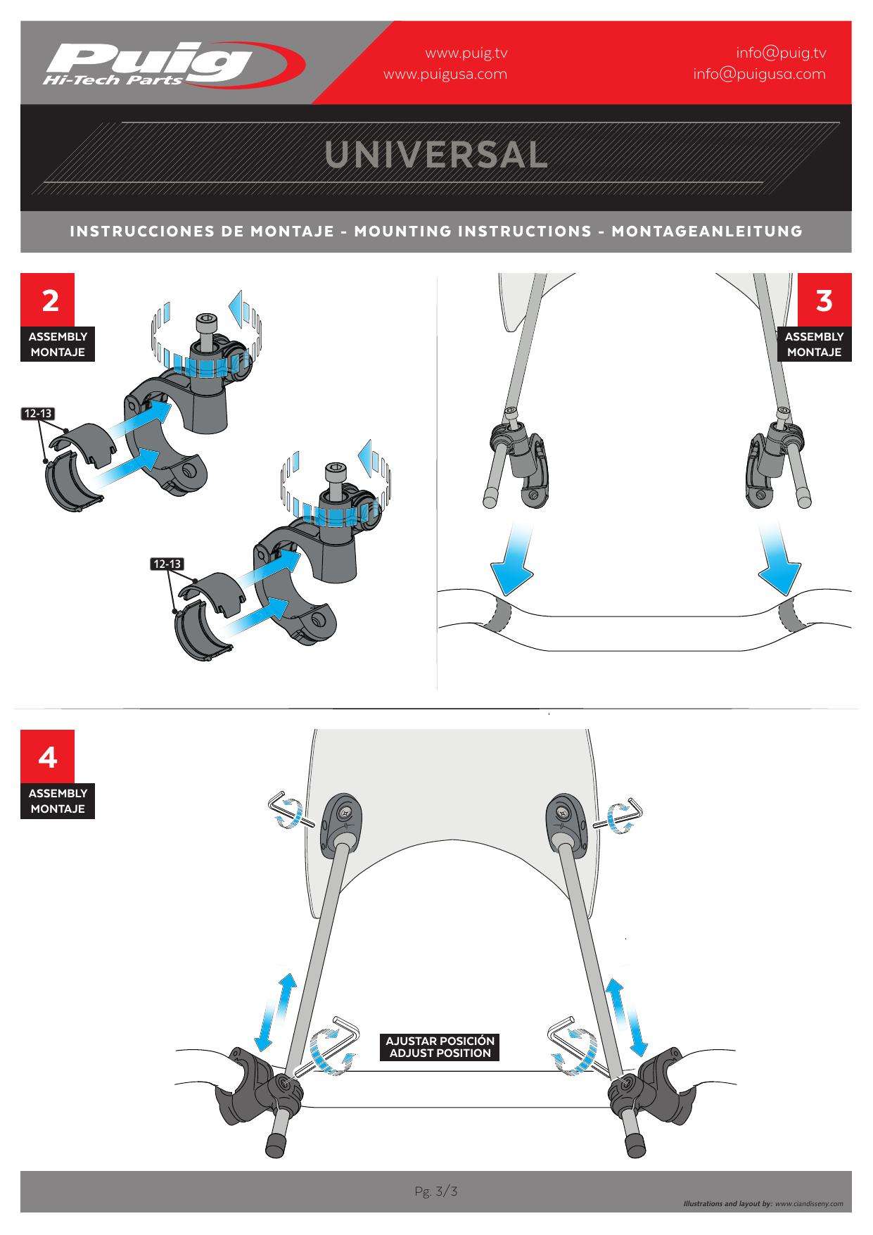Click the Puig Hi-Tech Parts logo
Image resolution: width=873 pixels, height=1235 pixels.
174,64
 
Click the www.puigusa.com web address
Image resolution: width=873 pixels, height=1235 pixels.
445,74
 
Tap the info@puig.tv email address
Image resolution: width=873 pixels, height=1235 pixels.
781,53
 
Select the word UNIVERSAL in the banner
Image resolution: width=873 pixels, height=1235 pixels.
436,156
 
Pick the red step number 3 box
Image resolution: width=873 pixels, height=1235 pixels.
824,300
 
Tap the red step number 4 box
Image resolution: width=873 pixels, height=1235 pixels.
48,757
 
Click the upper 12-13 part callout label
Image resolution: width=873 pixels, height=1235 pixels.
38,413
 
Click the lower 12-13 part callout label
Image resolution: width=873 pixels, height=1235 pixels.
167,564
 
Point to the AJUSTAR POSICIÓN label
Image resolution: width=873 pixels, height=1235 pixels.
440,1041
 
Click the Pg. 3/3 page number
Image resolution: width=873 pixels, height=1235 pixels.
436,1191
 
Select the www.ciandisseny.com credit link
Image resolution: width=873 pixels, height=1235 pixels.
808,1204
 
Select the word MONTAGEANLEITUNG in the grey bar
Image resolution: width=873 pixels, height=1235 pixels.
707,231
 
